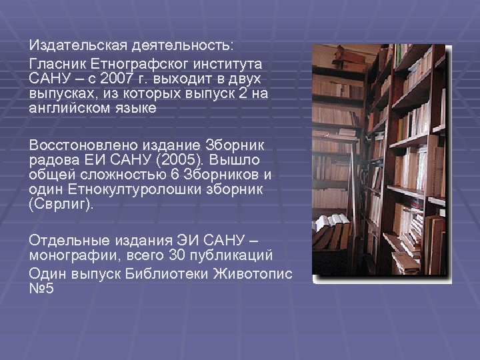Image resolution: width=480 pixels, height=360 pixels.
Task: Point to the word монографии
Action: [x=71, y=255]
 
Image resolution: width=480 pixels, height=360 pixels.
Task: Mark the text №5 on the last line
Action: [x=41, y=289]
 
